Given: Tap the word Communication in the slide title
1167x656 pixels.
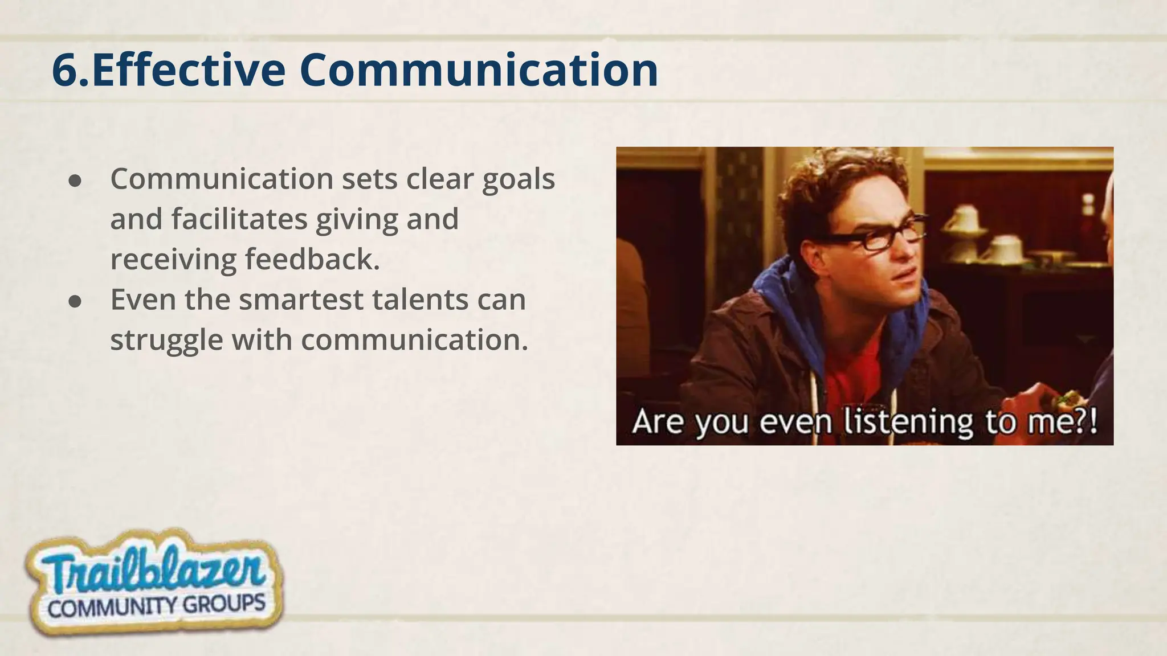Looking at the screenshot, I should coord(479,71).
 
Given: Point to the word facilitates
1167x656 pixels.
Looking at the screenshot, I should coord(239,219).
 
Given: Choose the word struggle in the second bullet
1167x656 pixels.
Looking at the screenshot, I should coord(166,340).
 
